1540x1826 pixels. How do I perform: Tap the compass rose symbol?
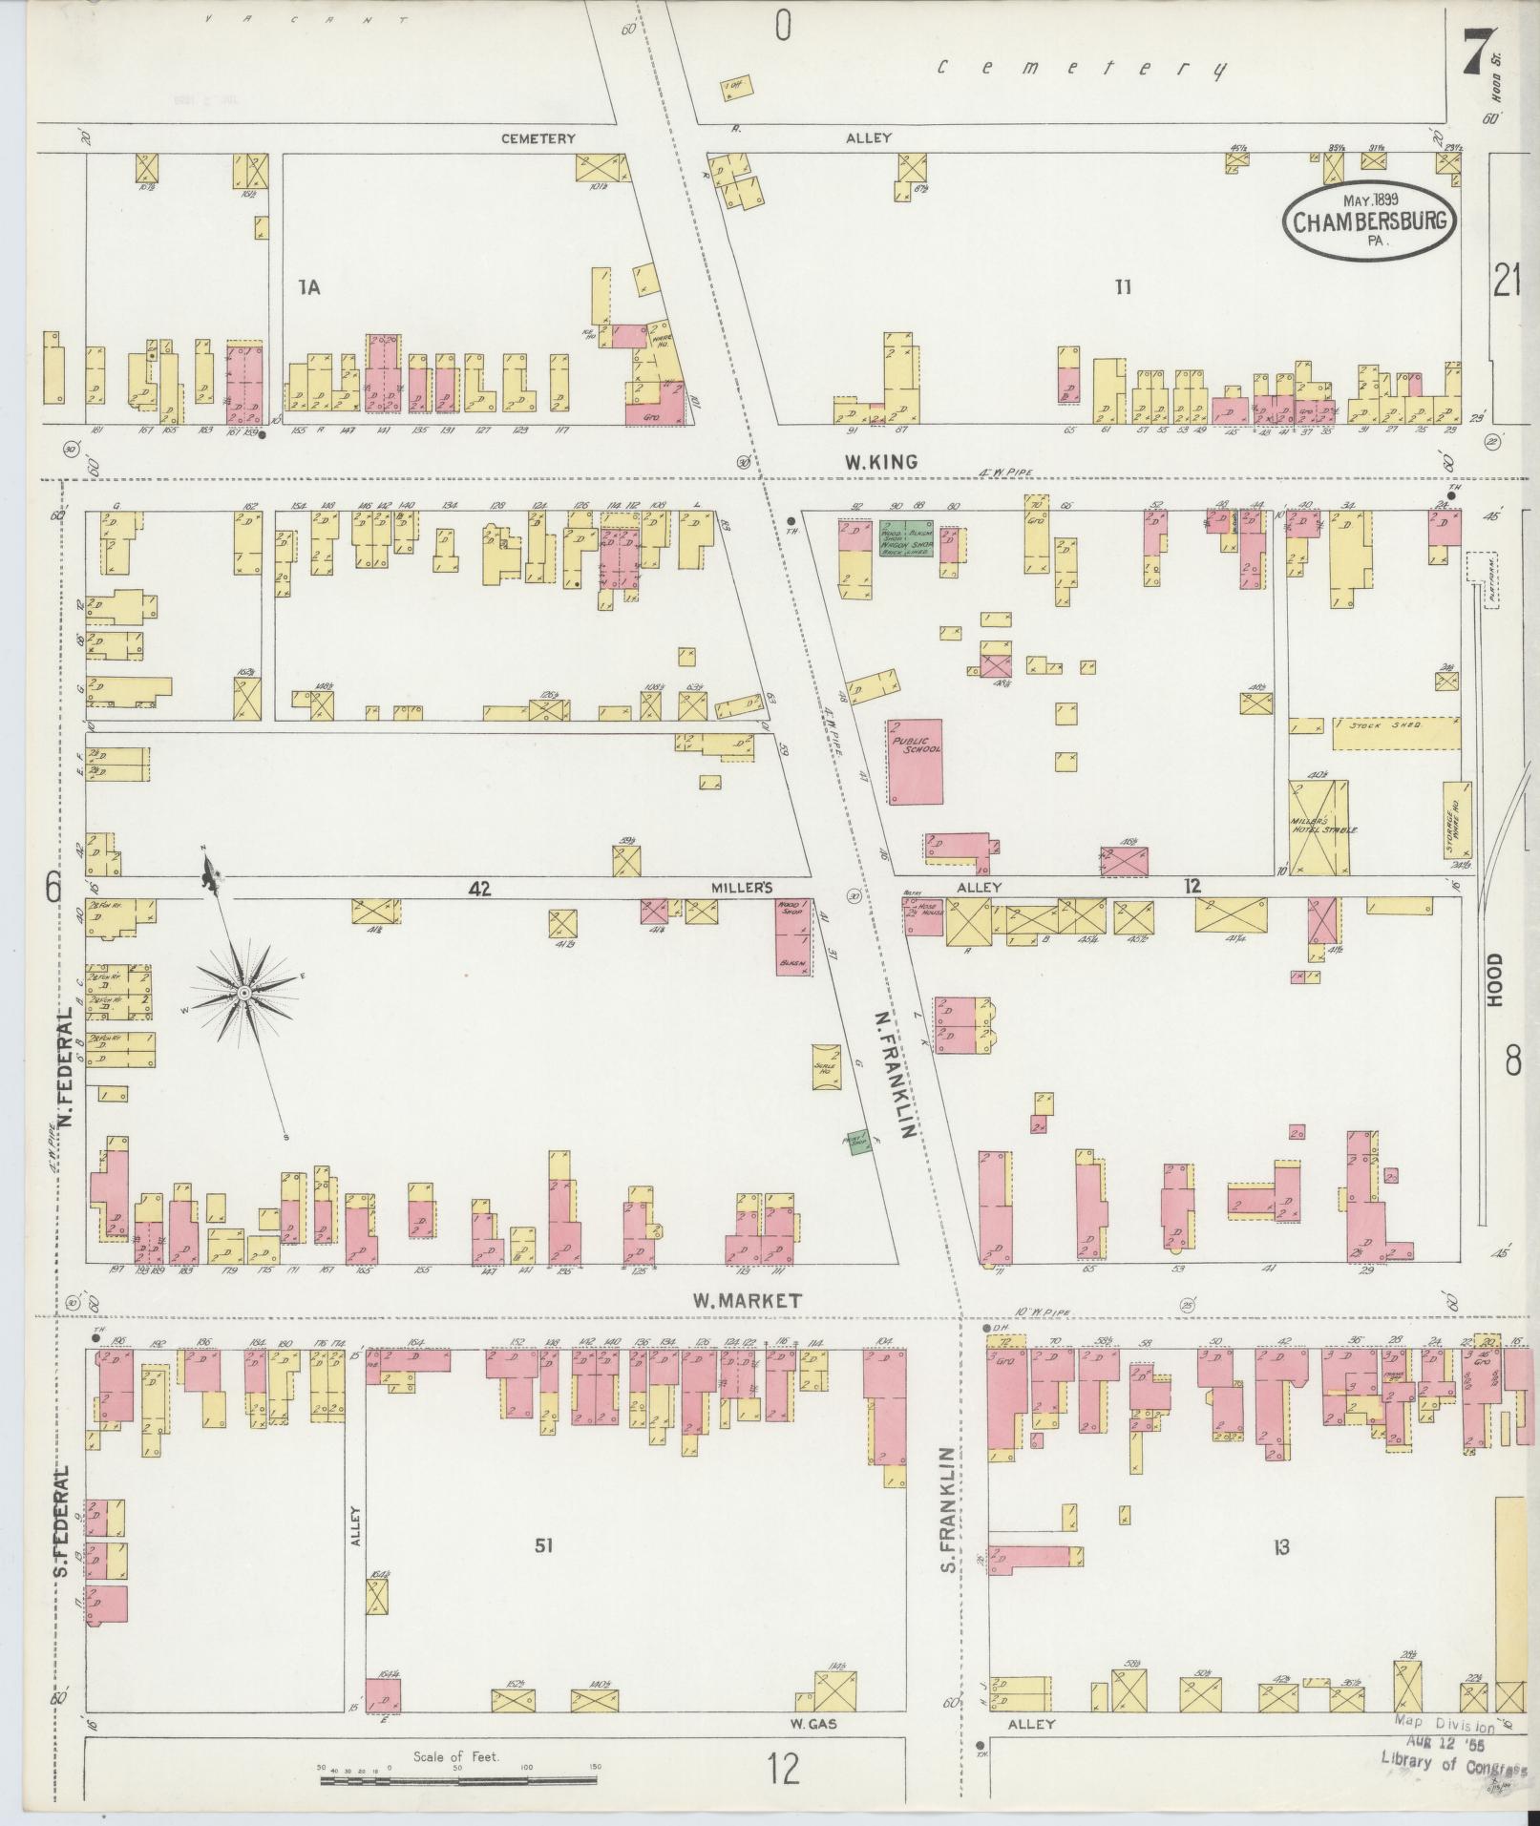(244, 994)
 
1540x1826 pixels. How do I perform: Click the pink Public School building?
(915, 762)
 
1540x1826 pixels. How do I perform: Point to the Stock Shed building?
(1396, 726)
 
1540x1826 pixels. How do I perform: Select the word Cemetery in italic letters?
(1082, 68)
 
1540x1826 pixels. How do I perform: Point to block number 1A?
(307, 284)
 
